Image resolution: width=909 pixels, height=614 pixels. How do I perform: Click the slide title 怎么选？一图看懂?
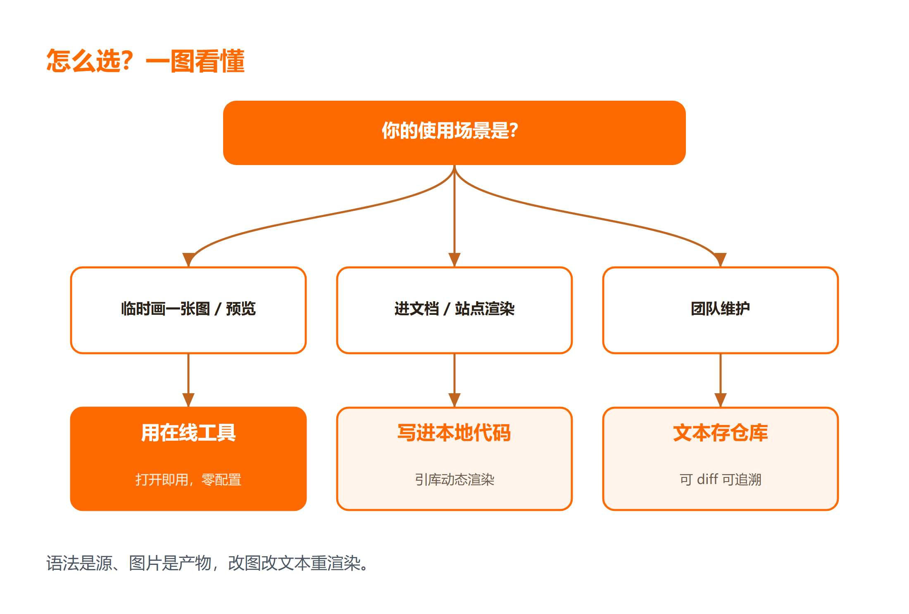pos(145,61)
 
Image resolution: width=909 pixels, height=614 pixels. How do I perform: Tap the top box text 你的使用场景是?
pos(450,131)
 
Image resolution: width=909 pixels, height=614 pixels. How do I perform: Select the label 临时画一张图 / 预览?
pos(188,309)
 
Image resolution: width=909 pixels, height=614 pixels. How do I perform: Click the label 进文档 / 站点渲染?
pos(454,309)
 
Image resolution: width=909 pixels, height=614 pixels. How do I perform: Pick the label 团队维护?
pos(720,309)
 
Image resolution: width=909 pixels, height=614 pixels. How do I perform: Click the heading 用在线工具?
pos(188,433)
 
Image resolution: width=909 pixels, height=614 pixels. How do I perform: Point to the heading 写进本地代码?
pos(454,433)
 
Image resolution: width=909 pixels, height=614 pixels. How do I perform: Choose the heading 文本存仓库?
pos(720,433)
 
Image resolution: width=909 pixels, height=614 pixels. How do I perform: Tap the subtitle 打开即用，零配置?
pos(188,479)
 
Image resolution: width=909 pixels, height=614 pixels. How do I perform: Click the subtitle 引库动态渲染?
pos(454,479)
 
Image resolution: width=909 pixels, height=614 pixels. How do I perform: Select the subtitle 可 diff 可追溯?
pos(720,479)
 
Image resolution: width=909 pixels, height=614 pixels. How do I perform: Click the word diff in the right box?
pos(707,479)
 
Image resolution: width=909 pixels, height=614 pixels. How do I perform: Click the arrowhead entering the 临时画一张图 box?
pos(188,260)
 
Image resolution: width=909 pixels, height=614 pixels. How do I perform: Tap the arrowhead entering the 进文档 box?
pos(454,260)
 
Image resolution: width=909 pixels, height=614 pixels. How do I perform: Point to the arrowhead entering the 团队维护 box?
pos(720,260)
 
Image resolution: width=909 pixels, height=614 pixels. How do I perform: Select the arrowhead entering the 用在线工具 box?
pos(188,400)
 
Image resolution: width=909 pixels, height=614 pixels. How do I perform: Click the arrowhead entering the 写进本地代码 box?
pos(454,400)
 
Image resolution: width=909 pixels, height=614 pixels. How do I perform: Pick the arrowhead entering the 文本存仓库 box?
pos(721,400)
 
